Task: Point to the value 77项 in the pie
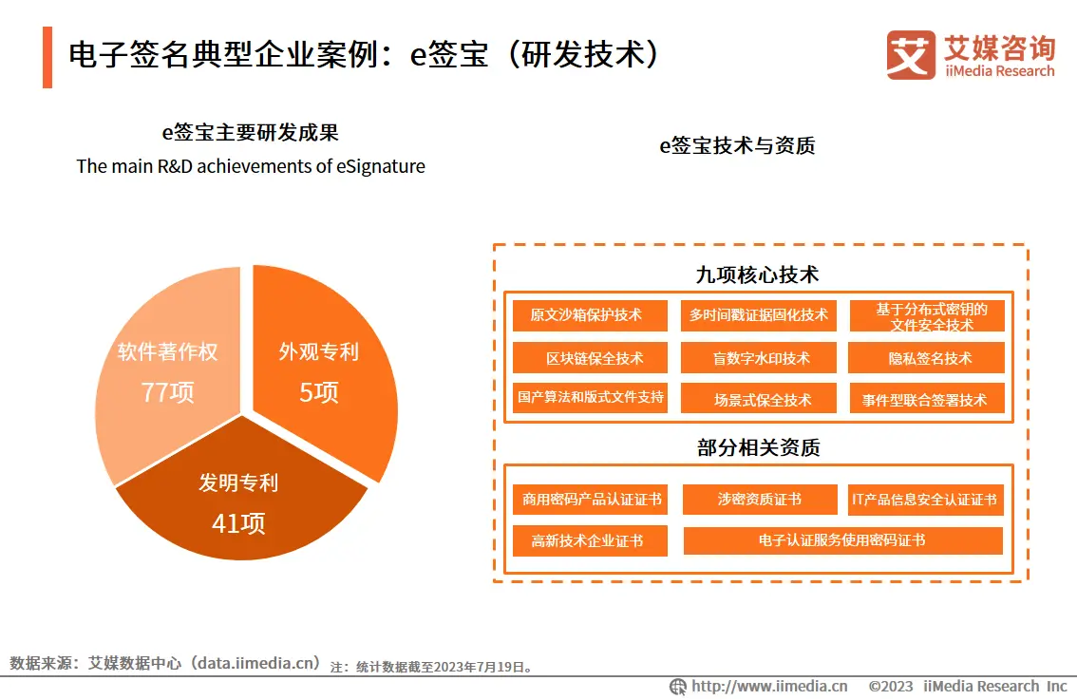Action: click(x=167, y=391)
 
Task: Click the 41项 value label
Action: click(x=238, y=522)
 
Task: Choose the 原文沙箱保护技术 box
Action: click(x=586, y=315)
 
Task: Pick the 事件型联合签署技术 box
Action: click(x=925, y=400)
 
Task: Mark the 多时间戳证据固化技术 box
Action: click(x=758, y=315)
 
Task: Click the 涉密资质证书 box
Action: click(x=759, y=499)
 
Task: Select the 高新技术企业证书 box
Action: click(x=587, y=540)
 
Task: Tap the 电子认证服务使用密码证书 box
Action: click(x=841, y=540)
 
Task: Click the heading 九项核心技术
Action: click(x=757, y=274)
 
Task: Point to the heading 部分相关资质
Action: click(x=758, y=447)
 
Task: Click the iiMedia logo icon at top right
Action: click(x=911, y=55)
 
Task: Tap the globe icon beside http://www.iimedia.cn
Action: click(x=678, y=686)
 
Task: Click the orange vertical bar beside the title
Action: click(x=47, y=57)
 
